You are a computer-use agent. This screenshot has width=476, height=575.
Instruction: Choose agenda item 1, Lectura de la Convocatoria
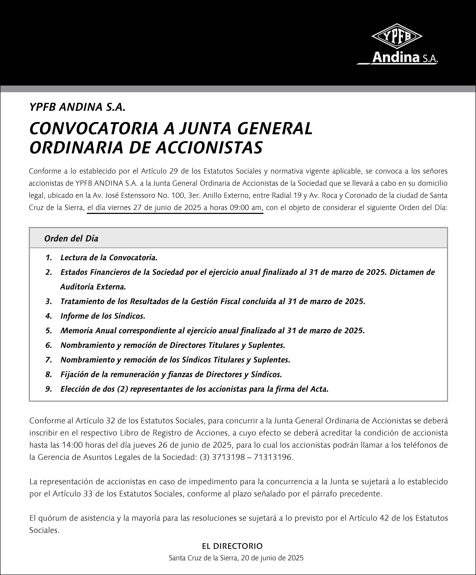click(x=109, y=258)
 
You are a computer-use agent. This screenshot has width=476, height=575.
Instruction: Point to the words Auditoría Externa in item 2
click(x=93, y=287)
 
